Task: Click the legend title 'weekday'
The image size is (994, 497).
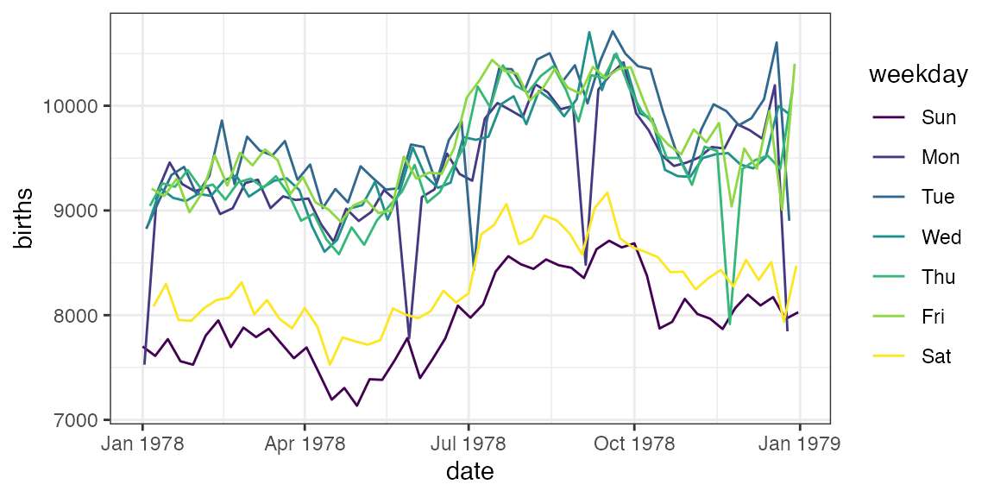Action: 918,75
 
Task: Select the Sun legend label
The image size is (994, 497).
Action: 939,117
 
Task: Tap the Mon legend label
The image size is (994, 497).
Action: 940,157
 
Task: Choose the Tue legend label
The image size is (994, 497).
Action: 938,197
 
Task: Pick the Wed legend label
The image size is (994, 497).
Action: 940,236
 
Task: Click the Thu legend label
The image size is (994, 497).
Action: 939,277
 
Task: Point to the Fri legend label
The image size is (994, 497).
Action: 933,317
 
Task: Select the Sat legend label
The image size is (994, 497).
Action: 936,356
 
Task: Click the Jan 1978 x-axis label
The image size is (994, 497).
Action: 142,444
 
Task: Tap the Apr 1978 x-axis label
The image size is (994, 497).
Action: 305,444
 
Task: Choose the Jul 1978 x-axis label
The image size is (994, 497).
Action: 468,444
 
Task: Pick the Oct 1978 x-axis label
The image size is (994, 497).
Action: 633,444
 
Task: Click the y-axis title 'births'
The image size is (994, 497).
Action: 24,217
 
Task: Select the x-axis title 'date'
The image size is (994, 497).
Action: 469,472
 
